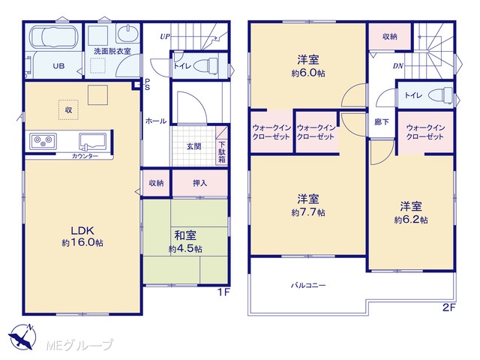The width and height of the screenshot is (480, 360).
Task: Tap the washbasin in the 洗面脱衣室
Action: [127, 33]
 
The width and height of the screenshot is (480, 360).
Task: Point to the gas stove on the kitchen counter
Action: [43, 142]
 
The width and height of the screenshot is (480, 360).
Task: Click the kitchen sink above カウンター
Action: [92, 141]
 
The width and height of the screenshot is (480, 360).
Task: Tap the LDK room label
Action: [82, 230]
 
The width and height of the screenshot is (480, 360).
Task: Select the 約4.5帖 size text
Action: [185, 248]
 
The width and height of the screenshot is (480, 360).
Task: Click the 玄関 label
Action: [193, 147]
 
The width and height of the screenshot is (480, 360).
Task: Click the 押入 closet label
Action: [200, 183]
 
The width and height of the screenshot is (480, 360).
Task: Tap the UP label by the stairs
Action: [165, 37]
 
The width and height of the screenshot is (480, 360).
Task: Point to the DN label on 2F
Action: [398, 66]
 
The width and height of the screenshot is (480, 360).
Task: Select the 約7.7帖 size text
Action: [308, 212]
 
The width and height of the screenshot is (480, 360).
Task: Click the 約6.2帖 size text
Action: [411, 220]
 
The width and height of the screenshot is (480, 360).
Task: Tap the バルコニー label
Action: [308, 285]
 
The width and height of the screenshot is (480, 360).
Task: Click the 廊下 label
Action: [382, 121]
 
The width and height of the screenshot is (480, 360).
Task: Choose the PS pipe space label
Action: [147, 85]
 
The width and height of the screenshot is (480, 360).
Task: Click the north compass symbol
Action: [22, 337]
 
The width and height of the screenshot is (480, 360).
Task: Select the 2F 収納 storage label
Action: [390, 37]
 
